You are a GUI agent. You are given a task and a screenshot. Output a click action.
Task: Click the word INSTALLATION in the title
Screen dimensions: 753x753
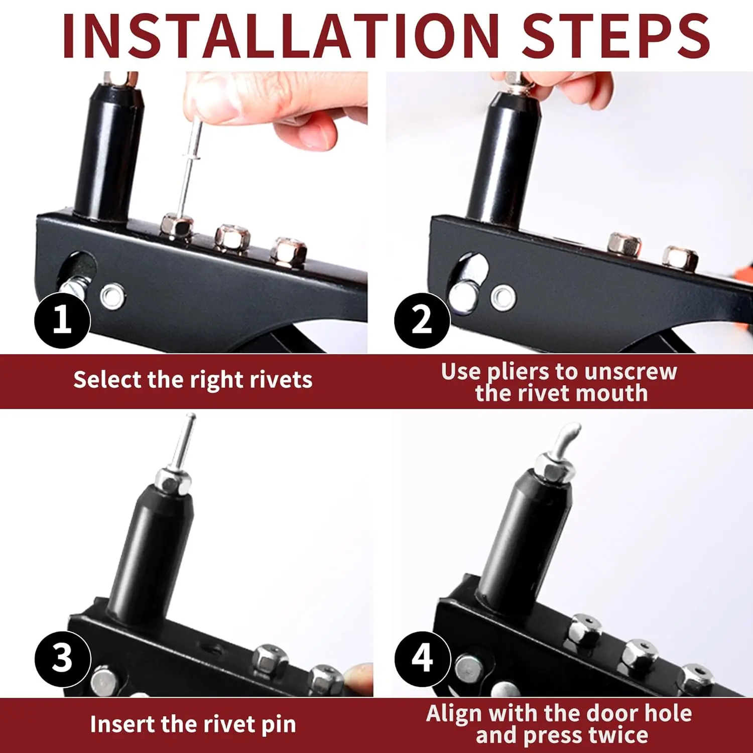coord(281,36)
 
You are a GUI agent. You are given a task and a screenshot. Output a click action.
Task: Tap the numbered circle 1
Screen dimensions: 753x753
coord(62,320)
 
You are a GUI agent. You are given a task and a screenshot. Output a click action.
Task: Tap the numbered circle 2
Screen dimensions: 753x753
coord(422,320)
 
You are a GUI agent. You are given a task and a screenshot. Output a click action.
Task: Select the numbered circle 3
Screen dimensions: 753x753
coord(62,659)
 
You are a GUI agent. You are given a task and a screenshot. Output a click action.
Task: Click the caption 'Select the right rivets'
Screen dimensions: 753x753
coord(193,380)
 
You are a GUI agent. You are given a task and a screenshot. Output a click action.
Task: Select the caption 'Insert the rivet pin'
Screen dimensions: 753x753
coord(193,724)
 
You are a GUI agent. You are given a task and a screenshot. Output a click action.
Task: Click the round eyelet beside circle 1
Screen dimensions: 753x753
coord(112,296)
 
